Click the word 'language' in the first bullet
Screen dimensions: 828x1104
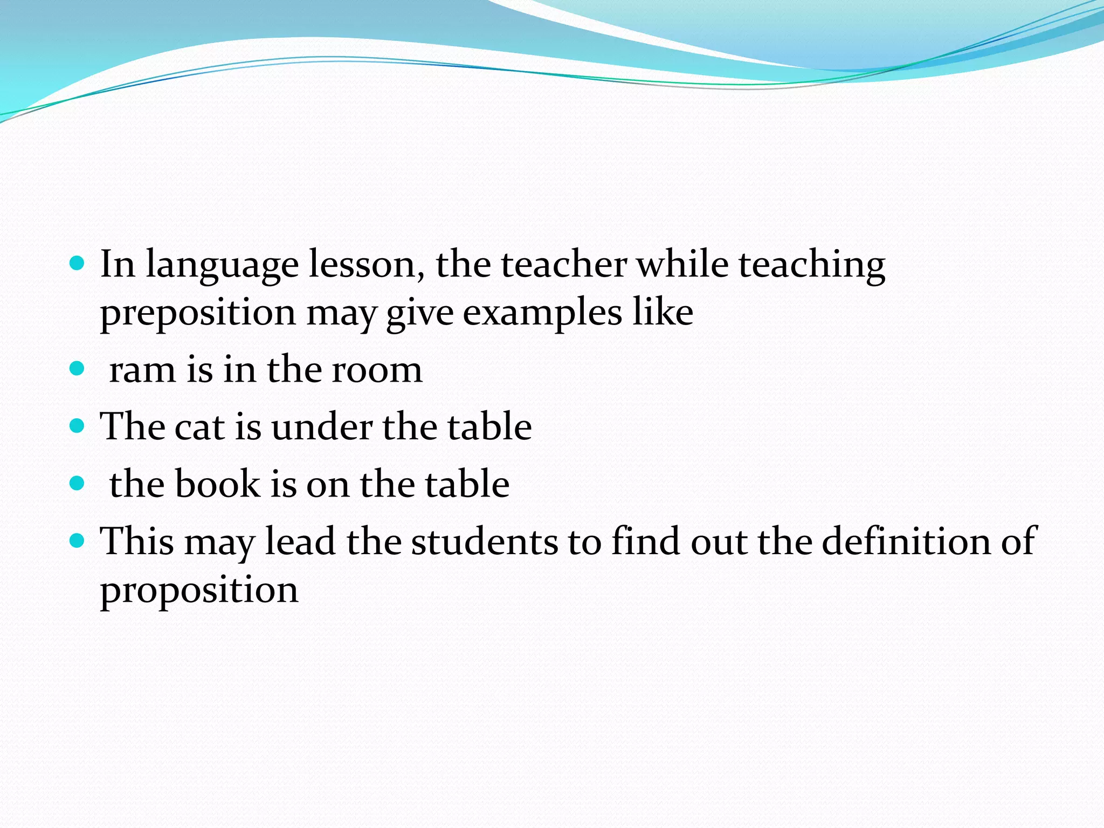[x=222, y=265]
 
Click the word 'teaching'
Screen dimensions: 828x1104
[x=812, y=265]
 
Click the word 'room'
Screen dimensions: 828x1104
[x=377, y=371]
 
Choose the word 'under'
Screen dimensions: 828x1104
[x=322, y=427]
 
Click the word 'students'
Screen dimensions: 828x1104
[x=485, y=541]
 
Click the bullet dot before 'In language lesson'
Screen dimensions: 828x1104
[x=78, y=263]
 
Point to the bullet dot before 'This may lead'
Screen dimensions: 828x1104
[x=78, y=540]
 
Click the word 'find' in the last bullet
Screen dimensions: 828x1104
[x=645, y=541]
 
